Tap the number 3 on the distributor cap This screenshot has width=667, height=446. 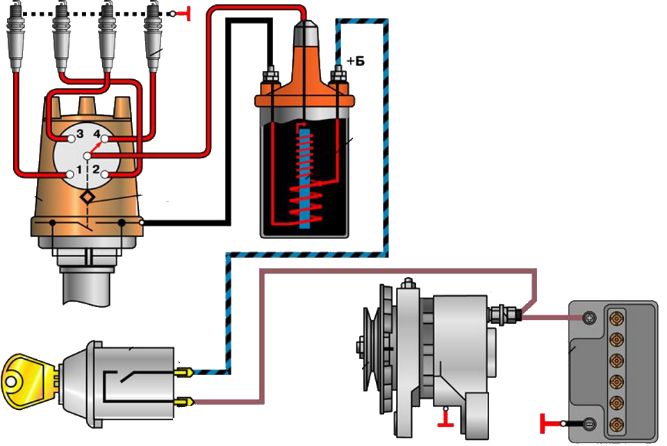[x=80, y=133]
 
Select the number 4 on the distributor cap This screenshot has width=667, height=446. [x=97, y=133]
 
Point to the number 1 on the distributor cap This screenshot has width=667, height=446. [x=79, y=169]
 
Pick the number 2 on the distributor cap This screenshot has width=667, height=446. [x=97, y=169]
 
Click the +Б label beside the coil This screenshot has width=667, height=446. [x=355, y=62]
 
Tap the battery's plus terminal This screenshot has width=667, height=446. [x=589, y=318]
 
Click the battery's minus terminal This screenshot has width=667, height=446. [x=589, y=424]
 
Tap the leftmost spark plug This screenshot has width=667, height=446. [x=15, y=35]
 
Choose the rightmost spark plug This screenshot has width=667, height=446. [x=153, y=35]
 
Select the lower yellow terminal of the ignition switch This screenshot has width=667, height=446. [x=184, y=401]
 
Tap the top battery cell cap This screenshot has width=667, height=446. [x=615, y=319]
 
